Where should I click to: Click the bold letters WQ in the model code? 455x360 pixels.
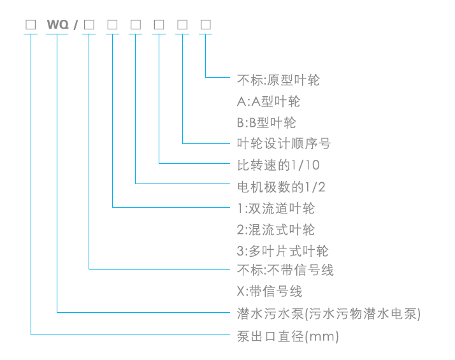[57, 25]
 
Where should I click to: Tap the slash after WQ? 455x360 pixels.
[75, 25]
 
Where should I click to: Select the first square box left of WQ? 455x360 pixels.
[31, 25]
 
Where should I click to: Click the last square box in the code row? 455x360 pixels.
[206, 25]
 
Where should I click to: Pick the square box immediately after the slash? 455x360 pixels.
[89, 25]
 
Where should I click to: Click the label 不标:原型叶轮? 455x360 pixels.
[278, 80]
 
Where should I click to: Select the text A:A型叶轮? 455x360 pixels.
[268, 101]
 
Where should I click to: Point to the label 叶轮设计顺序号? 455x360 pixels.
[283, 143]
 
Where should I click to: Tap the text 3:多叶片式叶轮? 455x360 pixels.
[282, 250]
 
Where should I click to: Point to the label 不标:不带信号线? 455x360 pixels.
[285, 270]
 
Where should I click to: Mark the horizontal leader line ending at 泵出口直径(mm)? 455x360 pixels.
[127, 335]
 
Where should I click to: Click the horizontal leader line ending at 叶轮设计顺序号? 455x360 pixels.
[207, 142]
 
